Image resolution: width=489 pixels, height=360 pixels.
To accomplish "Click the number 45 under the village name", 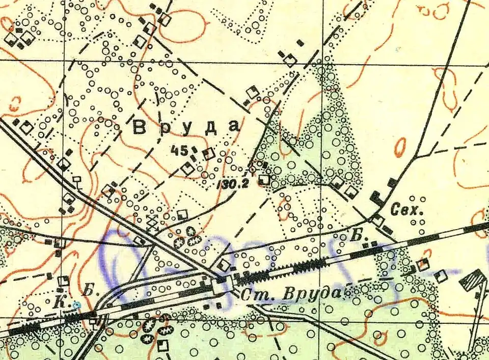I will tap(180, 150).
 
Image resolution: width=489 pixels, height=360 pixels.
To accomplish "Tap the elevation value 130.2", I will tap(235, 184).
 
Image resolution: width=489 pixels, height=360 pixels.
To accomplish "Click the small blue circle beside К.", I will tap(76, 305).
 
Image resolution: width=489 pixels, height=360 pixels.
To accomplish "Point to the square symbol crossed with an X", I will tap(152, 221).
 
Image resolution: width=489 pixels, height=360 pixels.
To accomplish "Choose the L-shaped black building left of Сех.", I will tap(377, 199).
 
